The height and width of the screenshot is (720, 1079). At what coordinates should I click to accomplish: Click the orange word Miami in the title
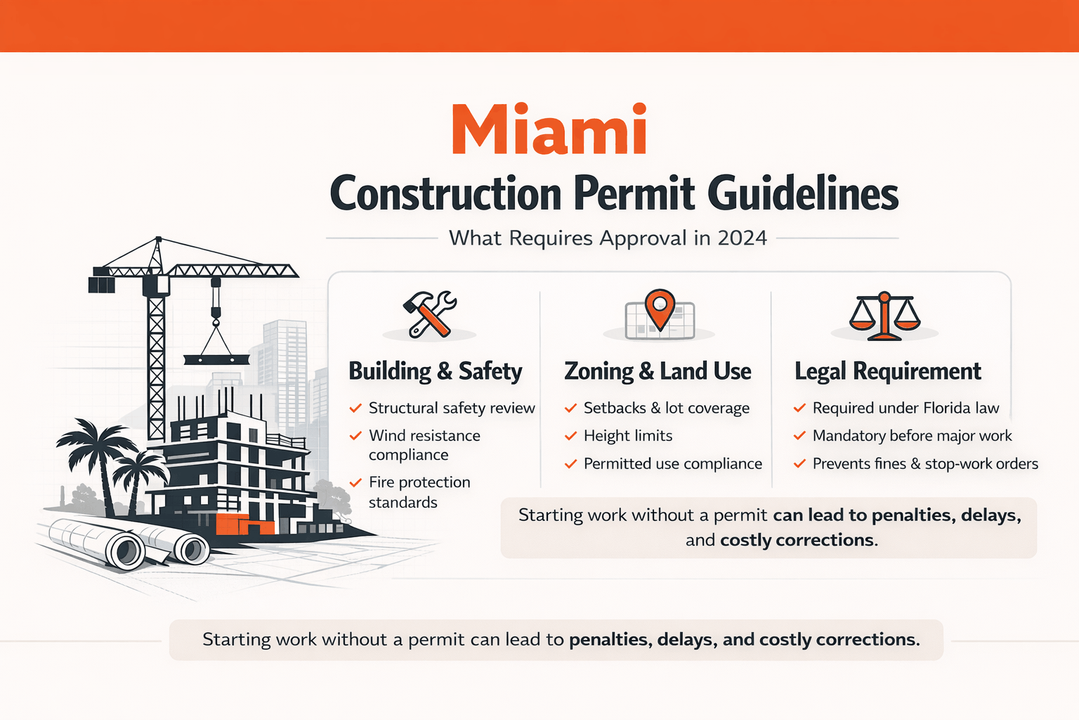coord(549,130)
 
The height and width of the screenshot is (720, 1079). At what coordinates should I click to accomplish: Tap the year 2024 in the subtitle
coord(742,238)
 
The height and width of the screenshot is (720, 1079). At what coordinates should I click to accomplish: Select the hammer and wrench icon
coord(429,314)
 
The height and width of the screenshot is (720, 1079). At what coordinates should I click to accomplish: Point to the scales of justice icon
coord(884,316)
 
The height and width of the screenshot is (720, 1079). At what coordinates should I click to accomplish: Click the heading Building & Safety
coord(436,371)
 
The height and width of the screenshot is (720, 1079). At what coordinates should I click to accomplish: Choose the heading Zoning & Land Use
coord(658,371)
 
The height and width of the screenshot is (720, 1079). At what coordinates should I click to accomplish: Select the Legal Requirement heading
coord(888,371)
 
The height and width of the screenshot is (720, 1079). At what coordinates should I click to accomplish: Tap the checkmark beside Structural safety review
coord(355,408)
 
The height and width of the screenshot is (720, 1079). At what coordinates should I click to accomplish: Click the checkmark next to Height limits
coord(570,436)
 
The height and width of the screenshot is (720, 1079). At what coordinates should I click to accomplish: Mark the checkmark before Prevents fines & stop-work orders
coord(799,464)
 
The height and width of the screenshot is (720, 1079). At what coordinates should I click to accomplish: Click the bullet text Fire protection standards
coord(419,492)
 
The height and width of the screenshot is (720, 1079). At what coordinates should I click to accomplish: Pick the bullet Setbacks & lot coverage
coord(666,408)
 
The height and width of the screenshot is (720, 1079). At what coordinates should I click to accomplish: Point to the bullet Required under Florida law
coord(905,408)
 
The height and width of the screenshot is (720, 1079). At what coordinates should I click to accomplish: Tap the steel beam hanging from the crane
coord(216,359)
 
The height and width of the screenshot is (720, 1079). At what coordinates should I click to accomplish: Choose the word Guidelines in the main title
coord(803,194)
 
